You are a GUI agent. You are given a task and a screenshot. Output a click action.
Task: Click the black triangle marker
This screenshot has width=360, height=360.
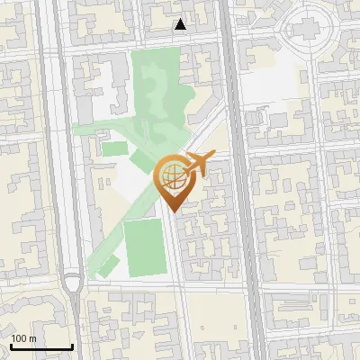tap(181, 24)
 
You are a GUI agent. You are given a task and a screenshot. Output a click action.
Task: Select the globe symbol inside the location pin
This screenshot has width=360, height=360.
tap(174, 178)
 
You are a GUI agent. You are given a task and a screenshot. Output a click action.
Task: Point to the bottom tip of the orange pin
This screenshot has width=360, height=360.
tap(174, 211)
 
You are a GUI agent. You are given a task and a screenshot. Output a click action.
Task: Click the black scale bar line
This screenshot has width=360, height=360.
tap(41, 347)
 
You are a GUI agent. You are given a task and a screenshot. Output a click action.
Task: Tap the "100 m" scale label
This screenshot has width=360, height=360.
tap(23, 338)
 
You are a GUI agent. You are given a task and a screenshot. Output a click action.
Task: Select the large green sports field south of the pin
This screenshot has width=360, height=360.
tap(144, 247)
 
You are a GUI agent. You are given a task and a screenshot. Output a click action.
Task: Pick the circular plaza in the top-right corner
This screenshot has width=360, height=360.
tap(310, 32)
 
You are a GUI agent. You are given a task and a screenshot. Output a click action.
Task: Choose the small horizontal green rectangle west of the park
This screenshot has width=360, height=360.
tap(113, 148)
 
